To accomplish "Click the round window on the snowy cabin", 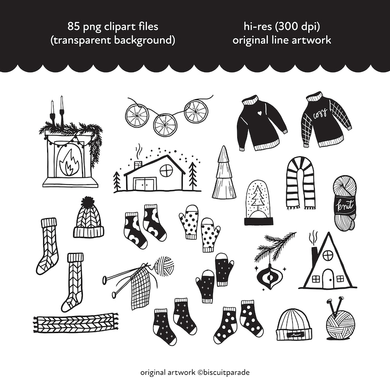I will (x=166, y=170).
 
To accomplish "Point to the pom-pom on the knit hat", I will (x=88, y=201).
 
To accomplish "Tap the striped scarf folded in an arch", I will (x=300, y=181).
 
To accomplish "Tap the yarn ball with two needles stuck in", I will (x=340, y=322).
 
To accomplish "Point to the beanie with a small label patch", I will (x=293, y=325).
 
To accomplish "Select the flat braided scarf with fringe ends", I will (x=75, y=322).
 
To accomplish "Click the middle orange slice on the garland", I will (x=165, y=125).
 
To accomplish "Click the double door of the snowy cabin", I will (x=145, y=184).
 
